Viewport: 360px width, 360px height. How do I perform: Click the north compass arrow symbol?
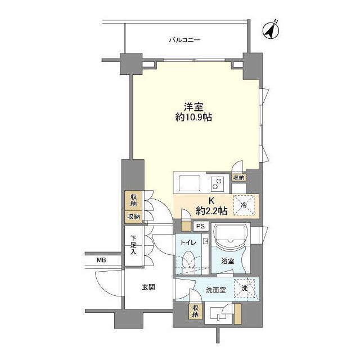click(271, 30)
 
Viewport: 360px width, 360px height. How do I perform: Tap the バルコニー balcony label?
click(184, 40)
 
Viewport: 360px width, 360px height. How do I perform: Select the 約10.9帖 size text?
click(193, 118)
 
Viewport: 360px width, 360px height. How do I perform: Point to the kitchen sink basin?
click(190, 183)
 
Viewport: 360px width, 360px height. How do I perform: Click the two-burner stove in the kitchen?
click(217, 183)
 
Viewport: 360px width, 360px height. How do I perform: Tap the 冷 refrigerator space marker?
click(244, 205)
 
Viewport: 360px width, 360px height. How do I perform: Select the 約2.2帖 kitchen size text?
click(211, 210)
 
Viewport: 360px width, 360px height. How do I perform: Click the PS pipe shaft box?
click(200, 226)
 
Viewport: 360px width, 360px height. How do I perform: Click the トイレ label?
click(188, 242)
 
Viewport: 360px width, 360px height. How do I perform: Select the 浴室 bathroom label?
click(227, 261)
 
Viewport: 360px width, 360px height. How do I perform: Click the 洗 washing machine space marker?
click(244, 289)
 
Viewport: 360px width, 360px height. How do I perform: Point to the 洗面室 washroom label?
click(215, 290)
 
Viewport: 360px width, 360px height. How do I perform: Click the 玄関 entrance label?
click(148, 287)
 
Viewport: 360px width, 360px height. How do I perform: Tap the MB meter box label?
click(101, 260)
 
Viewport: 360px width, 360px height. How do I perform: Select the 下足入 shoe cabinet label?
click(133, 245)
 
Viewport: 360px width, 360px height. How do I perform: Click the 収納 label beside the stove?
click(238, 178)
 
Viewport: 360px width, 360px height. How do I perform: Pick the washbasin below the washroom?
click(218, 313)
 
